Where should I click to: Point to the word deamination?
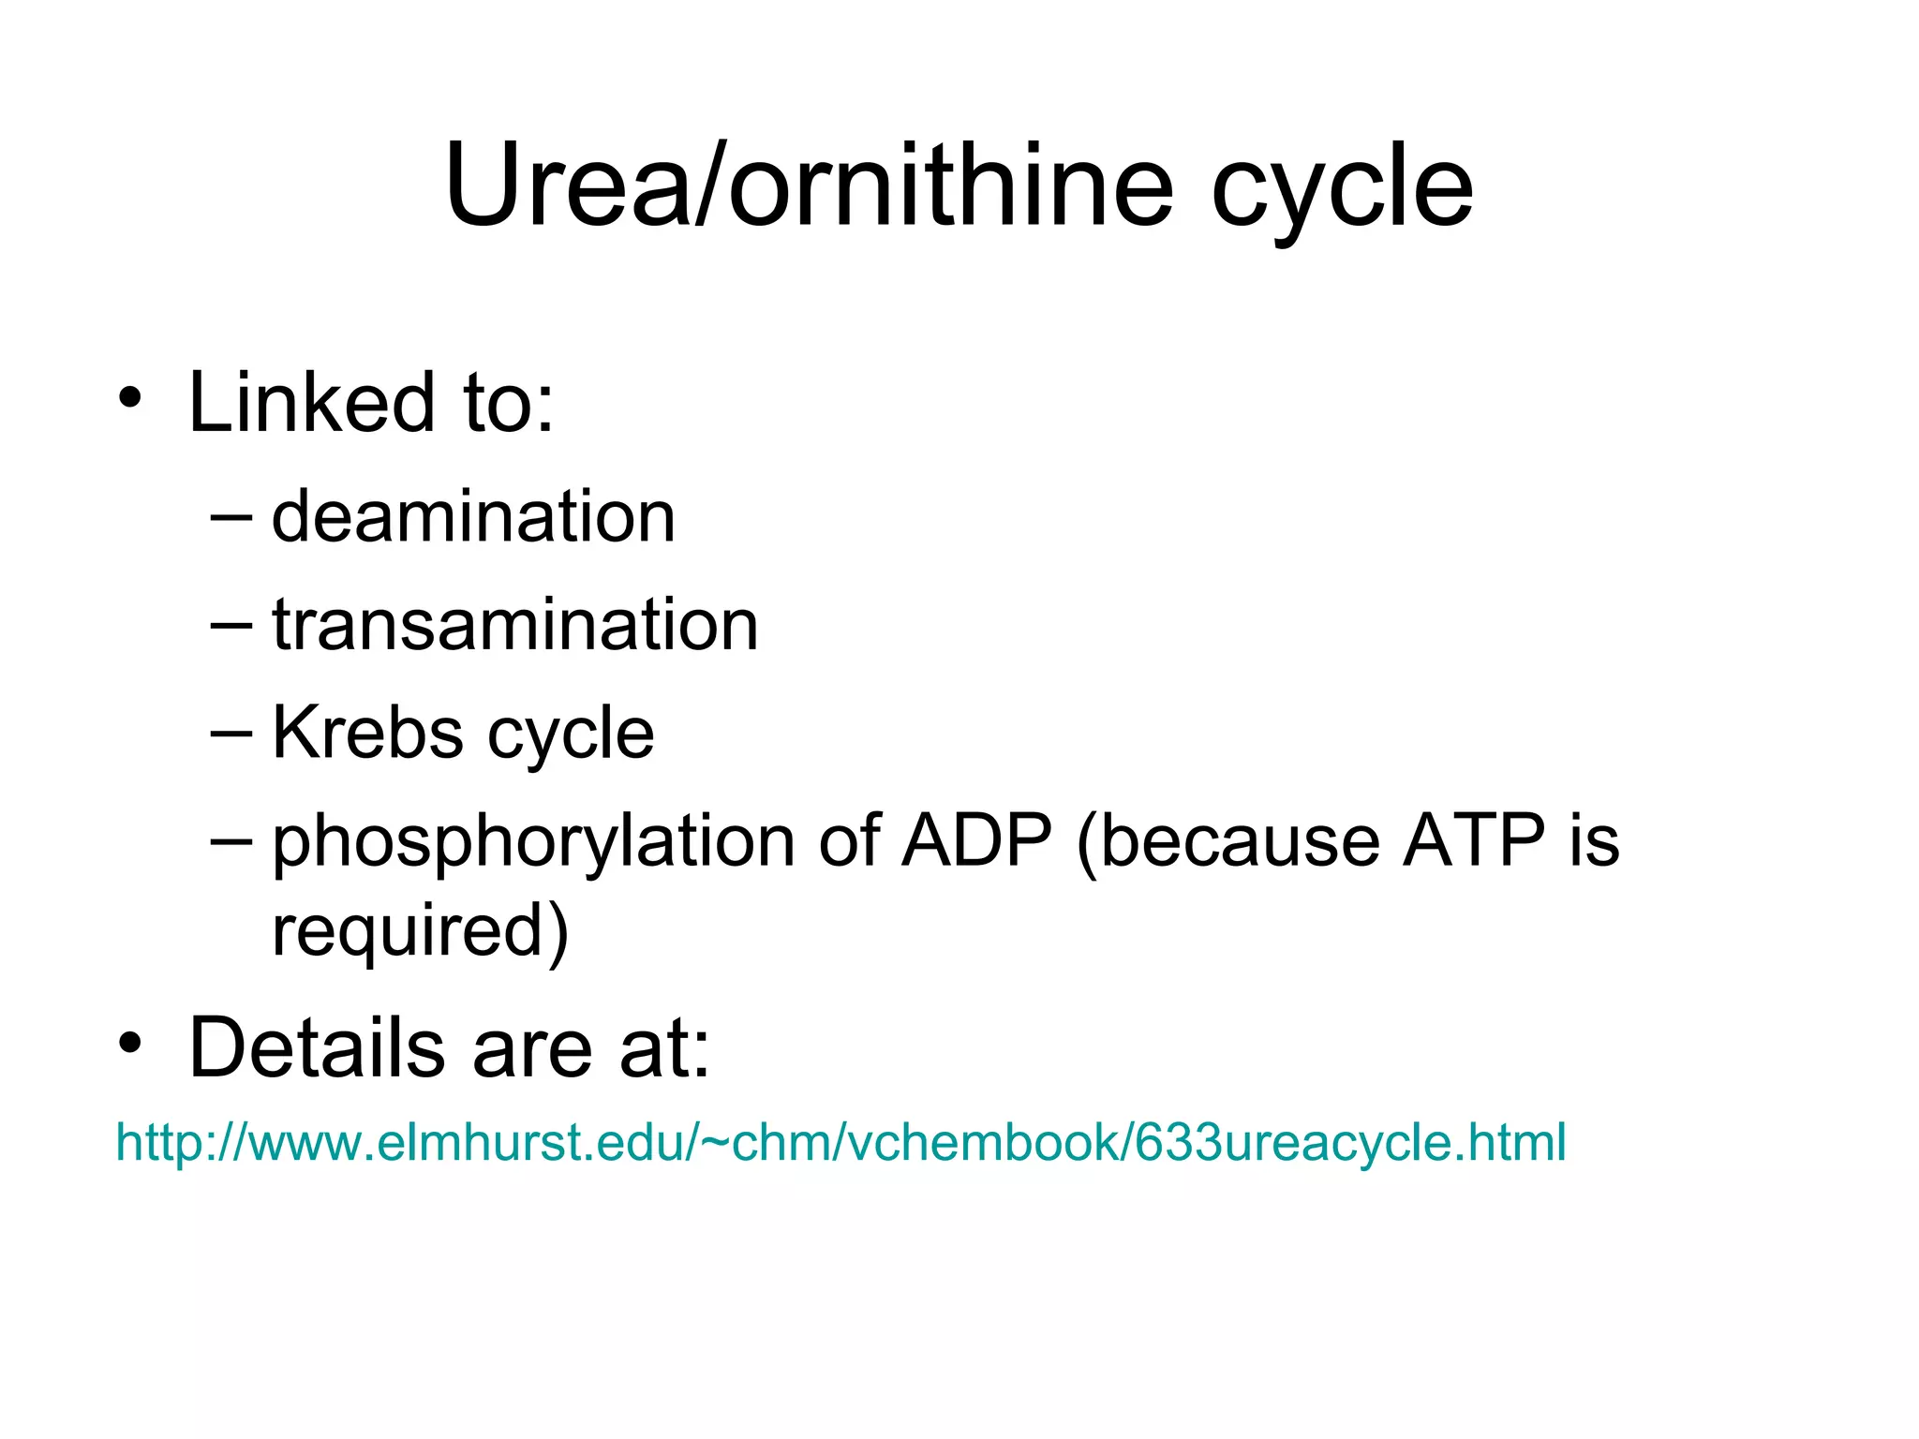tap(473, 517)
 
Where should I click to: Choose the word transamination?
tap(514, 625)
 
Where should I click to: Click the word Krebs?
tap(367, 733)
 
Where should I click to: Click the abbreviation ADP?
tap(976, 839)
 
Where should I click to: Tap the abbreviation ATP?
tap(1473, 839)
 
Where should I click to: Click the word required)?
tap(420, 931)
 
